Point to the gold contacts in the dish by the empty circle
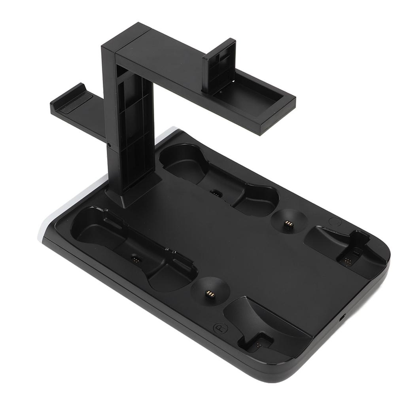[x=288, y=224]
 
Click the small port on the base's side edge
[x=342, y=317]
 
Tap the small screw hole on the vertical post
[x=108, y=145]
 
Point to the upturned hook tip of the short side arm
[x=79, y=87]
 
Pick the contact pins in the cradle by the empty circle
[x=348, y=261]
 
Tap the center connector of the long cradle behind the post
[x=216, y=193]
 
